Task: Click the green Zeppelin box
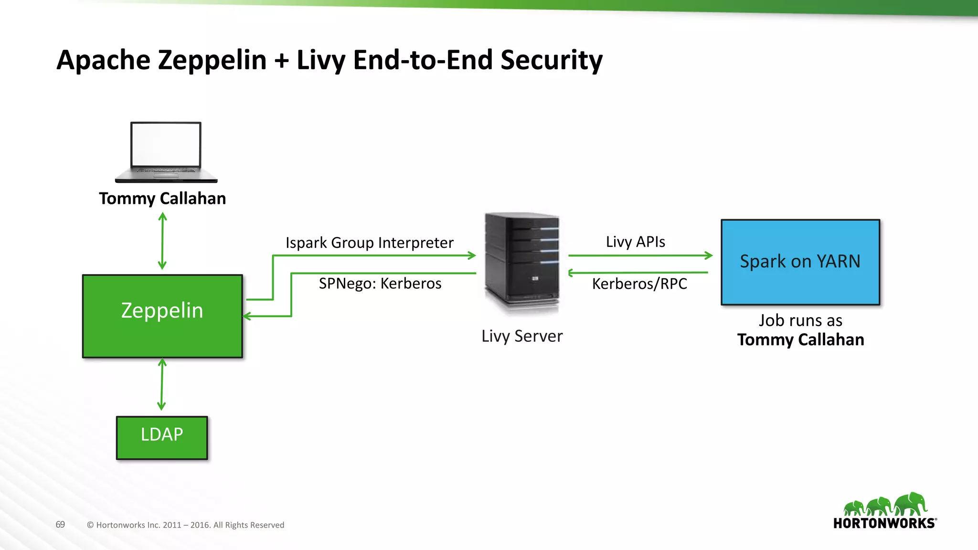click(x=162, y=316)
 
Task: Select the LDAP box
click(x=162, y=438)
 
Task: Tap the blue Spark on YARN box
click(x=800, y=262)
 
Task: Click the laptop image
click(x=166, y=152)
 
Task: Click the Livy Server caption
click(x=522, y=336)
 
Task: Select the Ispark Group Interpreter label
click(x=369, y=243)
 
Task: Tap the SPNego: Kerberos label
click(x=380, y=284)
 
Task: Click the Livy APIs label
click(x=635, y=242)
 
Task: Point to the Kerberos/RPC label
click(x=639, y=284)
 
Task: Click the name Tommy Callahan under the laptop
click(x=162, y=198)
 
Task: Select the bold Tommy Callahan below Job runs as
click(x=800, y=339)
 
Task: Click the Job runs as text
click(x=800, y=320)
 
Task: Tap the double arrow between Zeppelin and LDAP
click(x=162, y=385)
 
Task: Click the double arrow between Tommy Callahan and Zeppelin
click(x=162, y=241)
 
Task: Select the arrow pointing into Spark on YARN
click(x=640, y=255)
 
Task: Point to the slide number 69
click(x=60, y=525)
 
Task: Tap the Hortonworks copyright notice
click(x=185, y=525)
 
